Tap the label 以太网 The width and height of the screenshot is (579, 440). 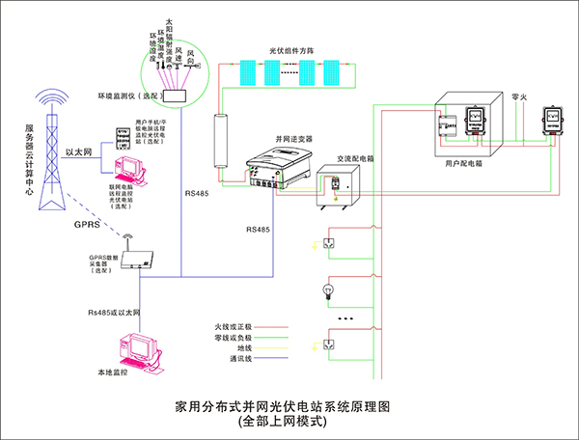click(79, 152)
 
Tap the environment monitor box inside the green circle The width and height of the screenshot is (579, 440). click(175, 96)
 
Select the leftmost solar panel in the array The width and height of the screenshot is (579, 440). click(249, 72)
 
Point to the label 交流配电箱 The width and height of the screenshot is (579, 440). click(356, 157)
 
